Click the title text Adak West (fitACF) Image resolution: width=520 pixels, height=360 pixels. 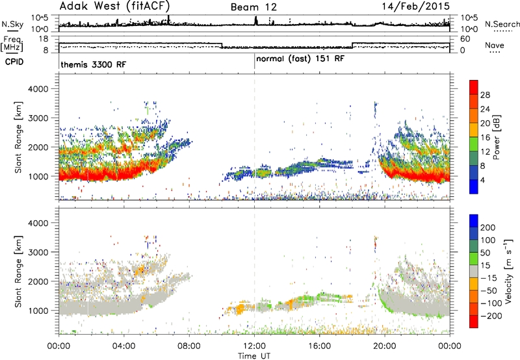pos(114,6)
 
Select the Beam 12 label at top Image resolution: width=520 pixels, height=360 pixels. pos(253,7)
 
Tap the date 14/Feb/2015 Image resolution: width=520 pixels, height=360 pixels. pos(416,6)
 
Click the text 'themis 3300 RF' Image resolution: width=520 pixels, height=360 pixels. pos(94,64)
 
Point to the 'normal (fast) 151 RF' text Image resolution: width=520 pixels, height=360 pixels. pos(300,59)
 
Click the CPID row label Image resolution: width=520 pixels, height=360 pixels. pos(14,62)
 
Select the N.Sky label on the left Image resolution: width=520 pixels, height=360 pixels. pos(12,24)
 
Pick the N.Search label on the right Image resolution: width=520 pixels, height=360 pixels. pos(502,24)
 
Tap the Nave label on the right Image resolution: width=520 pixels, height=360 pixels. pos(495,45)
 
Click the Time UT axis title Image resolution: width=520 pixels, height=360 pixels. pos(254,356)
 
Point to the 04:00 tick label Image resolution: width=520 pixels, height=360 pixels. pos(123,346)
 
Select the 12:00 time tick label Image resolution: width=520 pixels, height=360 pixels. pos(254,346)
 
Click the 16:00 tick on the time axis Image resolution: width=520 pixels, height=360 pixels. pos(319,346)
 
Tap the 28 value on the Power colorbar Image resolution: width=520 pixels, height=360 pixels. pos(485,95)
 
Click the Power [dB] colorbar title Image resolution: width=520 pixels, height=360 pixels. pos(496,137)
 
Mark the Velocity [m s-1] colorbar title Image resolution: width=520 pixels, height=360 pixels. pos(508,271)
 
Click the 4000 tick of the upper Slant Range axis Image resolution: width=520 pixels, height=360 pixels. pos(38,89)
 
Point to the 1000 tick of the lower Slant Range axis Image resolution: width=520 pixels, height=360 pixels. pos(38,311)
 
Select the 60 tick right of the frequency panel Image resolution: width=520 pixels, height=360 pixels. pos(465,39)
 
